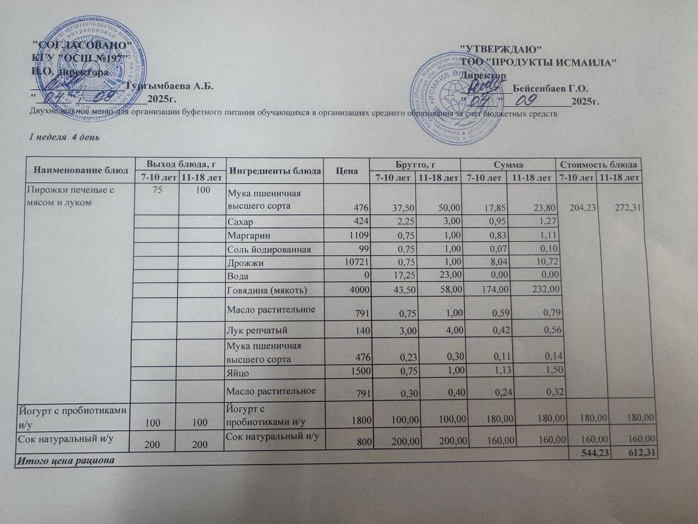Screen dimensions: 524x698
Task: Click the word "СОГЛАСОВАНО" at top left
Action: point(82,45)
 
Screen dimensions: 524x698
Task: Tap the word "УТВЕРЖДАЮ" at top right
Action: point(501,49)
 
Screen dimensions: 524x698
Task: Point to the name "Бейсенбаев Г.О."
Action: point(550,88)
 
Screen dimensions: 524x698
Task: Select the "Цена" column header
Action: point(347,171)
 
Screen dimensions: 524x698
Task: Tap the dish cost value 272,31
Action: point(627,211)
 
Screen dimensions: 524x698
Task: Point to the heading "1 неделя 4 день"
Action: point(64,137)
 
